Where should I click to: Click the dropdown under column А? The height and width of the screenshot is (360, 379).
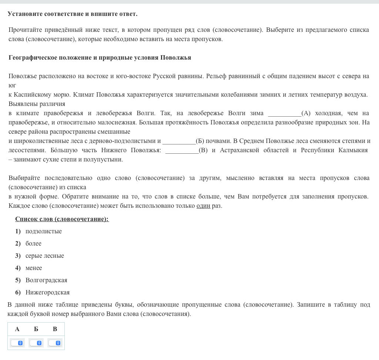pyautogui.click(x=17, y=343)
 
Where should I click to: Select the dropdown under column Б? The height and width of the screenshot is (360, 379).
pyautogui.click(x=36, y=343)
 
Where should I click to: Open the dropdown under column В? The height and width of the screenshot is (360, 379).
pyautogui.click(x=55, y=343)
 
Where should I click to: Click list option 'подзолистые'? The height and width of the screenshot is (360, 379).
pyautogui.click(x=43, y=231)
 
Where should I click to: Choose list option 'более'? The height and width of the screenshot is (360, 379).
pyautogui.click(x=33, y=244)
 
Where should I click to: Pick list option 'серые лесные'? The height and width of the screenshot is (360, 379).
pyautogui.click(x=44, y=256)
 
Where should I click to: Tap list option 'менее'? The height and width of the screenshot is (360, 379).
pyautogui.click(x=34, y=268)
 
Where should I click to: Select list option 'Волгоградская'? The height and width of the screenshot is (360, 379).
pyautogui.click(x=46, y=280)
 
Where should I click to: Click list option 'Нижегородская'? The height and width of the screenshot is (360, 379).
pyautogui.click(x=47, y=293)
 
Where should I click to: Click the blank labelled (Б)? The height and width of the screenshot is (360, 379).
pyautogui.click(x=179, y=141)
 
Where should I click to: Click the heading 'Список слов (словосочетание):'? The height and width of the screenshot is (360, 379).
pyautogui.click(x=62, y=219)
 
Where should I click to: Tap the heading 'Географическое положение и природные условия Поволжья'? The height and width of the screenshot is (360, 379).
pyautogui.click(x=100, y=58)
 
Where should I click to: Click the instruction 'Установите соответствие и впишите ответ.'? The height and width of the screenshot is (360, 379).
pyautogui.click(x=73, y=14)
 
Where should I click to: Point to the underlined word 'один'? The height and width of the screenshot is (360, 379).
pyautogui.click(x=203, y=206)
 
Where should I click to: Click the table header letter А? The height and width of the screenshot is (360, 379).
pyautogui.click(x=17, y=329)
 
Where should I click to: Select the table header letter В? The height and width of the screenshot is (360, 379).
pyautogui.click(x=55, y=329)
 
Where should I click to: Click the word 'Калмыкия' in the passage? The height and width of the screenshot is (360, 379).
pyautogui.click(x=353, y=150)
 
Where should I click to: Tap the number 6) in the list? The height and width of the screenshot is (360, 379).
pyautogui.click(x=18, y=293)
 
